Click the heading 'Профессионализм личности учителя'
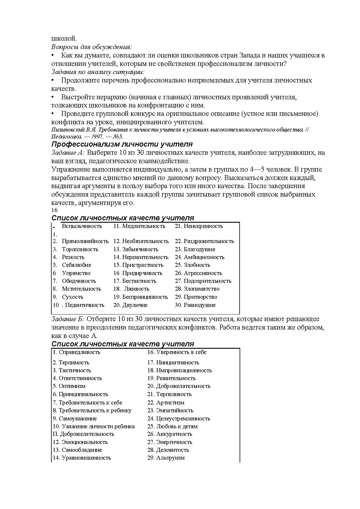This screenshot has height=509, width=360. (x=122, y=144)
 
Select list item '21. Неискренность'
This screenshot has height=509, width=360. (x=199, y=226)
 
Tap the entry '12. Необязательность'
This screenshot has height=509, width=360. (x=141, y=241)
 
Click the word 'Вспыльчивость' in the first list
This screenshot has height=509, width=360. (x=82, y=226)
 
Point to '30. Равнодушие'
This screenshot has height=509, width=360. (x=195, y=305)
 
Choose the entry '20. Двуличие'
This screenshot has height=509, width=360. (x=131, y=305)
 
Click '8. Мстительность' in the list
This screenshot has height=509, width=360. (x=77, y=289)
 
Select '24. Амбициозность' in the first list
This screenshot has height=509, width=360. (x=200, y=257)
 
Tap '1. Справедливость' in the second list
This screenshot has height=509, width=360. (x=76, y=352)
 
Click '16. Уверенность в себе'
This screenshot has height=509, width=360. (x=177, y=352)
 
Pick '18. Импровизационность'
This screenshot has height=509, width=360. (x=180, y=370)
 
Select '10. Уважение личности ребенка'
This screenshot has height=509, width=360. (x=93, y=427)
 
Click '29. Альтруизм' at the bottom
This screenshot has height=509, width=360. (x=166, y=458)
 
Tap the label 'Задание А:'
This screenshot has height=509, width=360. (x=68, y=153)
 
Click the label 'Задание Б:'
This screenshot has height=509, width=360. (x=68, y=319)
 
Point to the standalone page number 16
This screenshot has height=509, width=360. (x=55, y=210)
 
